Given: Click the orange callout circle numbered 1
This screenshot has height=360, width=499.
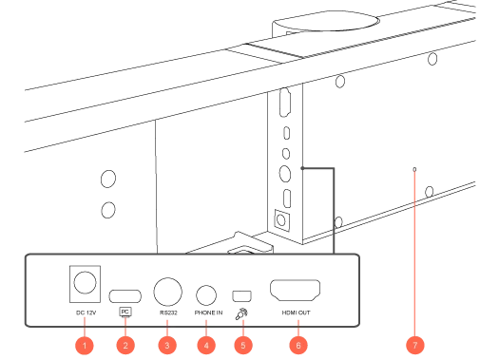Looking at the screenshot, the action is [x=85, y=346].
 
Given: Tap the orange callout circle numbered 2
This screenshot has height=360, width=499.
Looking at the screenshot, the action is [x=125, y=346].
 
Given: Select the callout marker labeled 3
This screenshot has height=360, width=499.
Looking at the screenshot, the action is [x=166, y=346].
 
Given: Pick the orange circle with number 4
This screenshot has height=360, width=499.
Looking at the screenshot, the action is [x=206, y=346].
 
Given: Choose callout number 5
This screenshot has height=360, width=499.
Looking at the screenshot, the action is [x=243, y=346].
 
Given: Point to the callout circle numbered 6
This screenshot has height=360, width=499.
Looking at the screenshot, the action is [x=298, y=346].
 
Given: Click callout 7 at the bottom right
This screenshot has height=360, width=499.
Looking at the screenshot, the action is [x=414, y=346].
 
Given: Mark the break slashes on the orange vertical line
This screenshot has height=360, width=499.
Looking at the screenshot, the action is [x=414, y=204].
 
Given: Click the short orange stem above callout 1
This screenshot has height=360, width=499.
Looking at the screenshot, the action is [x=86, y=321].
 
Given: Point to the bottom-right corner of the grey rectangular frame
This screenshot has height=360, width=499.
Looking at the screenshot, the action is [x=361, y=330].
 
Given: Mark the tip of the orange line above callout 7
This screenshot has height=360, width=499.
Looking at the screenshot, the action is [x=414, y=170].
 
